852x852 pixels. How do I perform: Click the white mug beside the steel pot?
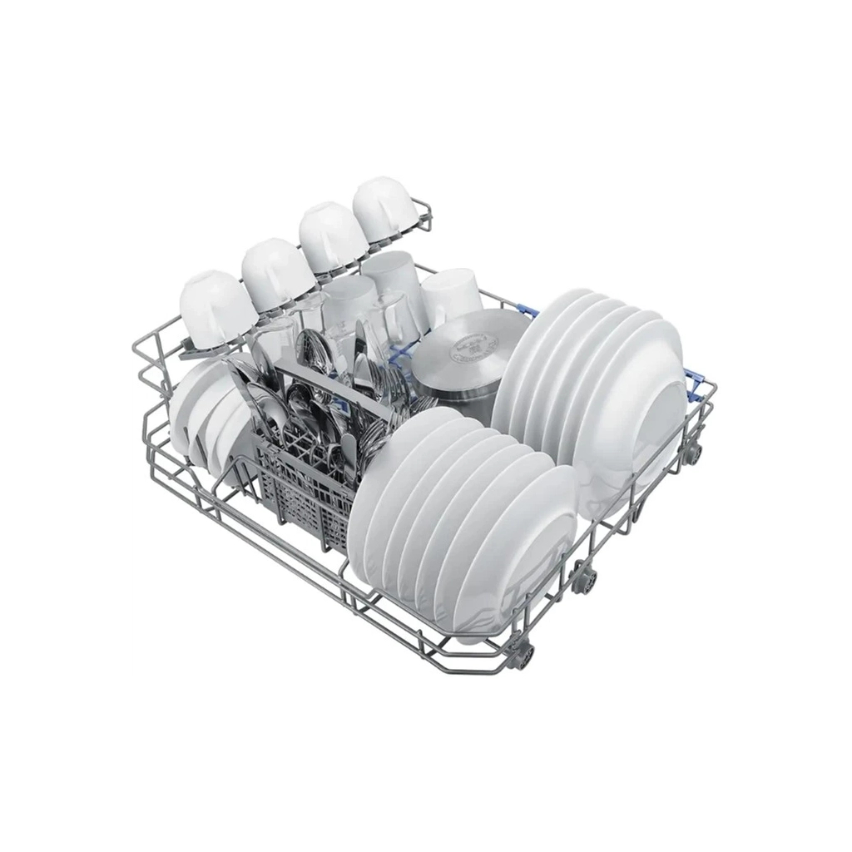pos(449,295)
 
